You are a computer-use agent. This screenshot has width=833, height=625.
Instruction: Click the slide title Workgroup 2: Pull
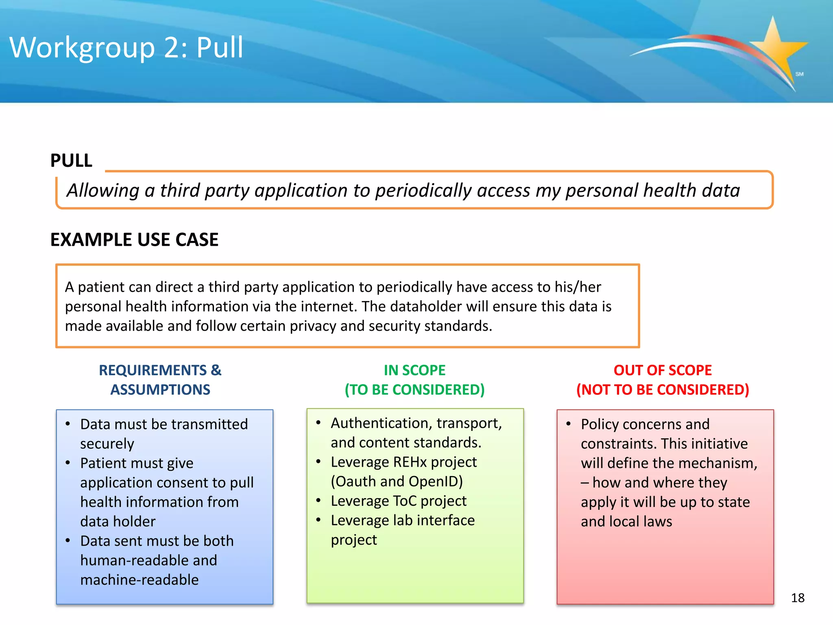[126, 48]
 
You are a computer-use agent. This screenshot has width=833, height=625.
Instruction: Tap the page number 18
[798, 598]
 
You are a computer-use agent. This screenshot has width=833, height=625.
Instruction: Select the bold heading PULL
[71, 160]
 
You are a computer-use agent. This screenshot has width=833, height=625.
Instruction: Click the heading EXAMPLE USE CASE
[134, 239]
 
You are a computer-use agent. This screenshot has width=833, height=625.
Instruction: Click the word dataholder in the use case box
[421, 306]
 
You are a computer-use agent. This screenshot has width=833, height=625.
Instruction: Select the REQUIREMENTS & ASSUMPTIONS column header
[160, 380]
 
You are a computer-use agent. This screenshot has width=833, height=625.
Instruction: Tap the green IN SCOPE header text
[414, 370]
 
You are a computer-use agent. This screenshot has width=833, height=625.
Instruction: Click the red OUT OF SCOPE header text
[663, 370]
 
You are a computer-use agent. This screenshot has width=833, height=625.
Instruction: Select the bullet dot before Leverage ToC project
[318, 500]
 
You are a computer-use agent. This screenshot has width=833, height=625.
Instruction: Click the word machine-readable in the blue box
[140, 580]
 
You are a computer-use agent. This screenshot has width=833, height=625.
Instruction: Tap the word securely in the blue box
[107, 444]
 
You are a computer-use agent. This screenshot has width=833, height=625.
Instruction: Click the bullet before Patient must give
[68, 463]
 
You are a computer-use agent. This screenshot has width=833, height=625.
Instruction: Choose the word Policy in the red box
[604, 424]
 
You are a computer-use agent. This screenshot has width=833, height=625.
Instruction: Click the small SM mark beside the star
[799, 74]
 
